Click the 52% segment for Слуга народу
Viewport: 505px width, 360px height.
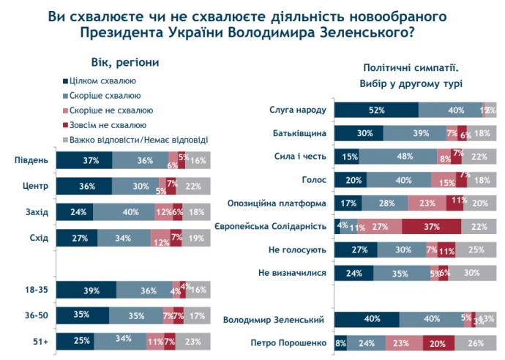pos(376,110)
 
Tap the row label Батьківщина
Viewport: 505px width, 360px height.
pos(301,133)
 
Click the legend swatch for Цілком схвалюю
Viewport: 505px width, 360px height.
pos(64,81)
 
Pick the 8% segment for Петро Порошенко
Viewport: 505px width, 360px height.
pos(340,342)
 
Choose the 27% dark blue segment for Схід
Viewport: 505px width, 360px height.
pos(77,237)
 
